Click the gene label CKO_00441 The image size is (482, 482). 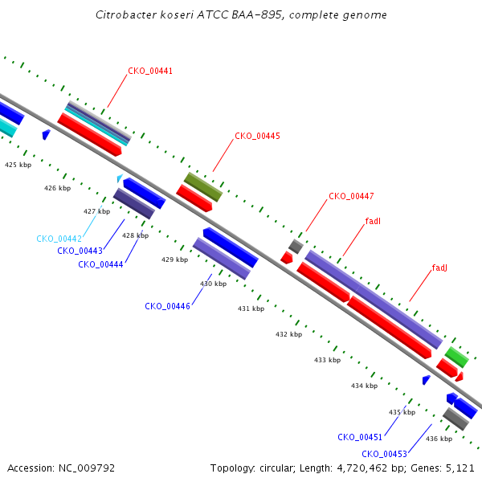tap(150, 71)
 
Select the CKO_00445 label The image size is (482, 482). tap(257, 137)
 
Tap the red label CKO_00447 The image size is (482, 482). tap(351, 197)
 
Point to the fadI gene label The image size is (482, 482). tap(373, 221)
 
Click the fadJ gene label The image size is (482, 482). tap(439, 268)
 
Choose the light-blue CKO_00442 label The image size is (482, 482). tap(59, 239)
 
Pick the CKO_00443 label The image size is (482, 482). tap(80, 251)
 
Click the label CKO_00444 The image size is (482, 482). tap(100, 264)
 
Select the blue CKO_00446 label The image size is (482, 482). tap(167, 306)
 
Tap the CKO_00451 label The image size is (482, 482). tap(360, 437)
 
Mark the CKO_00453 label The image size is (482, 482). tap(384, 454)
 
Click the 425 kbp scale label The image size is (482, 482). tap(18, 165)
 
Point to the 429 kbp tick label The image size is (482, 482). tap(174, 259)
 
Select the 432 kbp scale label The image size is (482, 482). tap(288, 334)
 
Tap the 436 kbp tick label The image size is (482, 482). tap(439, 439)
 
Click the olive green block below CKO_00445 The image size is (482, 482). tap(203, 187)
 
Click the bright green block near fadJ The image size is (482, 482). tap(457, 357)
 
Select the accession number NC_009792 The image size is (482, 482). tap(87, 468)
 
